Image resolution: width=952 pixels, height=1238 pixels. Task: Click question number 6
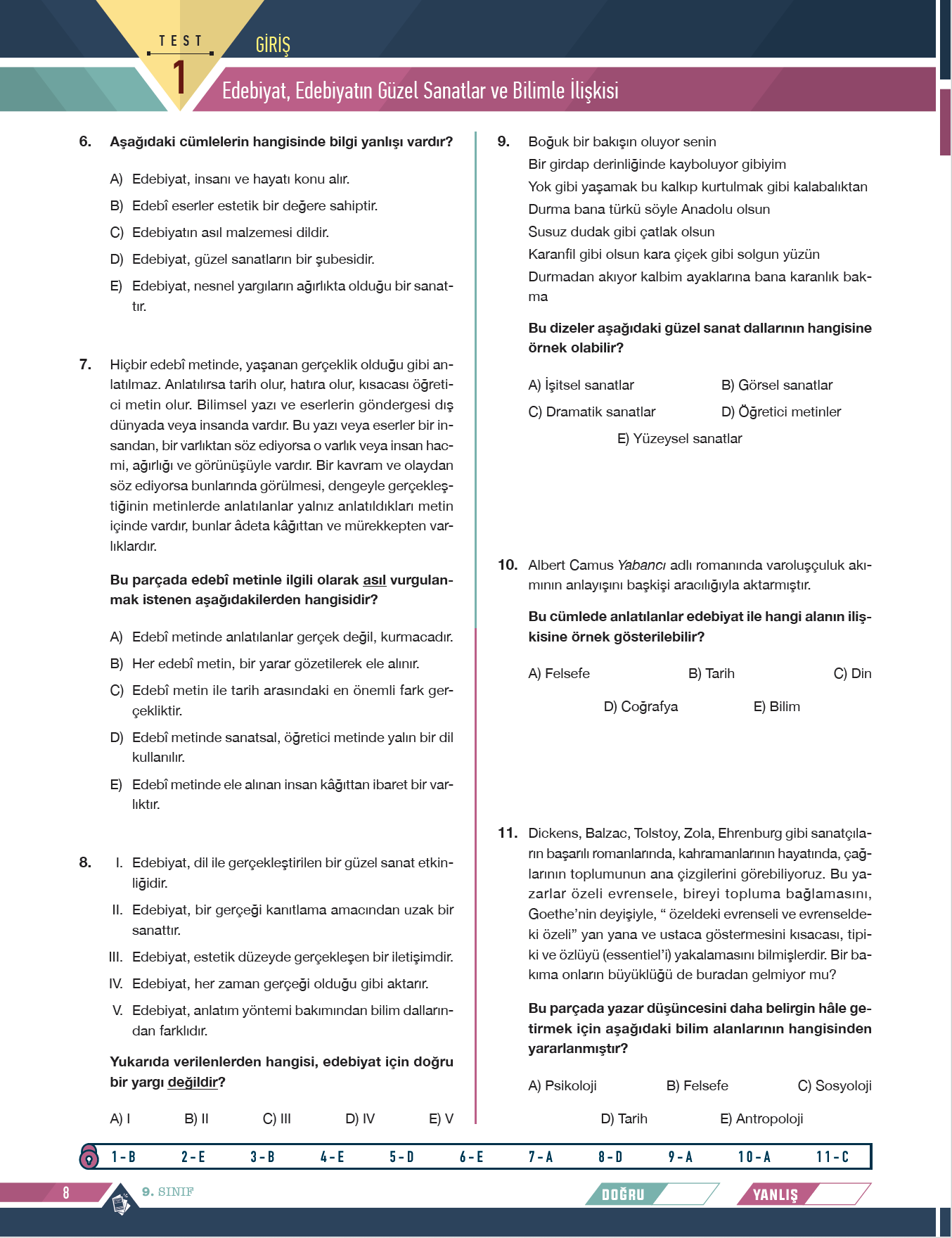[x=85, y=141]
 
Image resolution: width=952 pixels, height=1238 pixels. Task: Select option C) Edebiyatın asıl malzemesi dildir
[x=219, y=233]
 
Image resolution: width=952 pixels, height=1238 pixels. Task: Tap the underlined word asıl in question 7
[x=374, y=580]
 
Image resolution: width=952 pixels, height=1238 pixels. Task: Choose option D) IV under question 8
[x=360, y=1119]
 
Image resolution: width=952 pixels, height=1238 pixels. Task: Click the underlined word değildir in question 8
[x=193, y=1083]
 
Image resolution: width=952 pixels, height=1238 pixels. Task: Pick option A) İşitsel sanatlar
[x=581, y=385]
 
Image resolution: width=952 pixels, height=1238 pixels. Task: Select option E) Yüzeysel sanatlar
[x=679, y=439]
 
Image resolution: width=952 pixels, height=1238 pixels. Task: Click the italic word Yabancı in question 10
[x=641, y=566]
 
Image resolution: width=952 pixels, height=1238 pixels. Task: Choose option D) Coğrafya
[x=641, y=707]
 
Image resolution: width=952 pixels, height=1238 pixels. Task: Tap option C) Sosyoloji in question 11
[x=835, y=1086]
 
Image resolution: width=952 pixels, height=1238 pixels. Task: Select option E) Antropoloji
[x=761, y=1119]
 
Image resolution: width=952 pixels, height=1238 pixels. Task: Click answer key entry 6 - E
[x=471, y=1157]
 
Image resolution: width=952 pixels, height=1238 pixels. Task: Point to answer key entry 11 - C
[x=832, y=1157]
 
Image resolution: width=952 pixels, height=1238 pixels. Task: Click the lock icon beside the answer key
[x=89, y=1156]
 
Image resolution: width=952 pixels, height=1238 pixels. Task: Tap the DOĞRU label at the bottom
[x=623, y=1194]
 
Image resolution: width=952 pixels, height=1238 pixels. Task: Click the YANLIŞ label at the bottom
[x=776, y=1194]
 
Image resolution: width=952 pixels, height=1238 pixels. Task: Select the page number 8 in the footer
[x=66, y=1192]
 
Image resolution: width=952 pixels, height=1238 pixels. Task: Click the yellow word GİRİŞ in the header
[x=273, y=45]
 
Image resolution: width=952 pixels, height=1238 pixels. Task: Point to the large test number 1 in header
[x=179, y=77]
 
